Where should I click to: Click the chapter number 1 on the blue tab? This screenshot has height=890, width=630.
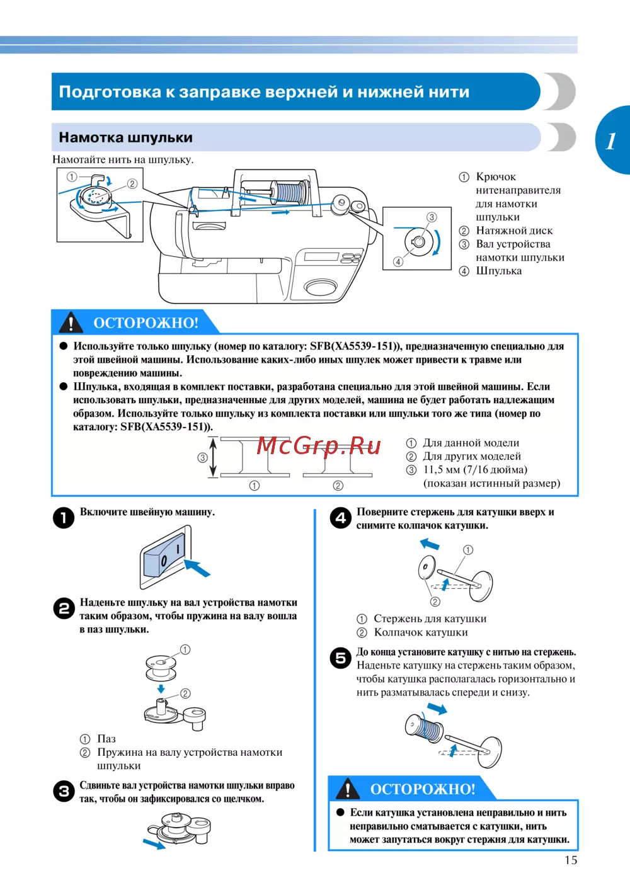tap(610, 140)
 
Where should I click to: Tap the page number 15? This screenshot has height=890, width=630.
tap(571, 860)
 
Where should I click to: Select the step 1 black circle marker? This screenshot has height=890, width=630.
tap(64, 518)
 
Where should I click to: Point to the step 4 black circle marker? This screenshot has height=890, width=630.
tap(341, 518)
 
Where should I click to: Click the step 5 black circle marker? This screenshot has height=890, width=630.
tap(341, 658)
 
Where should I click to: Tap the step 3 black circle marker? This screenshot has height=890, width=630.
tap(64, 791)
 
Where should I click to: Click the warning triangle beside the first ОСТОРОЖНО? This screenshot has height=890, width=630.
tap(71, 322)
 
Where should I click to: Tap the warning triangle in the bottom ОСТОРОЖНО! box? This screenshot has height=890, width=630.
tap(348, 789)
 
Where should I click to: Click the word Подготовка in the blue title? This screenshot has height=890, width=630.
tap(110, 92)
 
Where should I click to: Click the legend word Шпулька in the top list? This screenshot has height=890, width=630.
tap(498, 271)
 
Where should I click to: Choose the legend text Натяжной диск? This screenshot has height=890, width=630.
tap(514, 231)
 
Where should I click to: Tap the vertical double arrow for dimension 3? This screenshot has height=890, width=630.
tap(214, 458)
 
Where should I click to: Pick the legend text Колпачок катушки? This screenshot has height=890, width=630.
tap(421, 632)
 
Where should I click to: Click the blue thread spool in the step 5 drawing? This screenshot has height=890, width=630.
tap(425, 729)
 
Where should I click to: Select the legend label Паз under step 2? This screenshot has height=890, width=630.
tap(106, 739)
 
